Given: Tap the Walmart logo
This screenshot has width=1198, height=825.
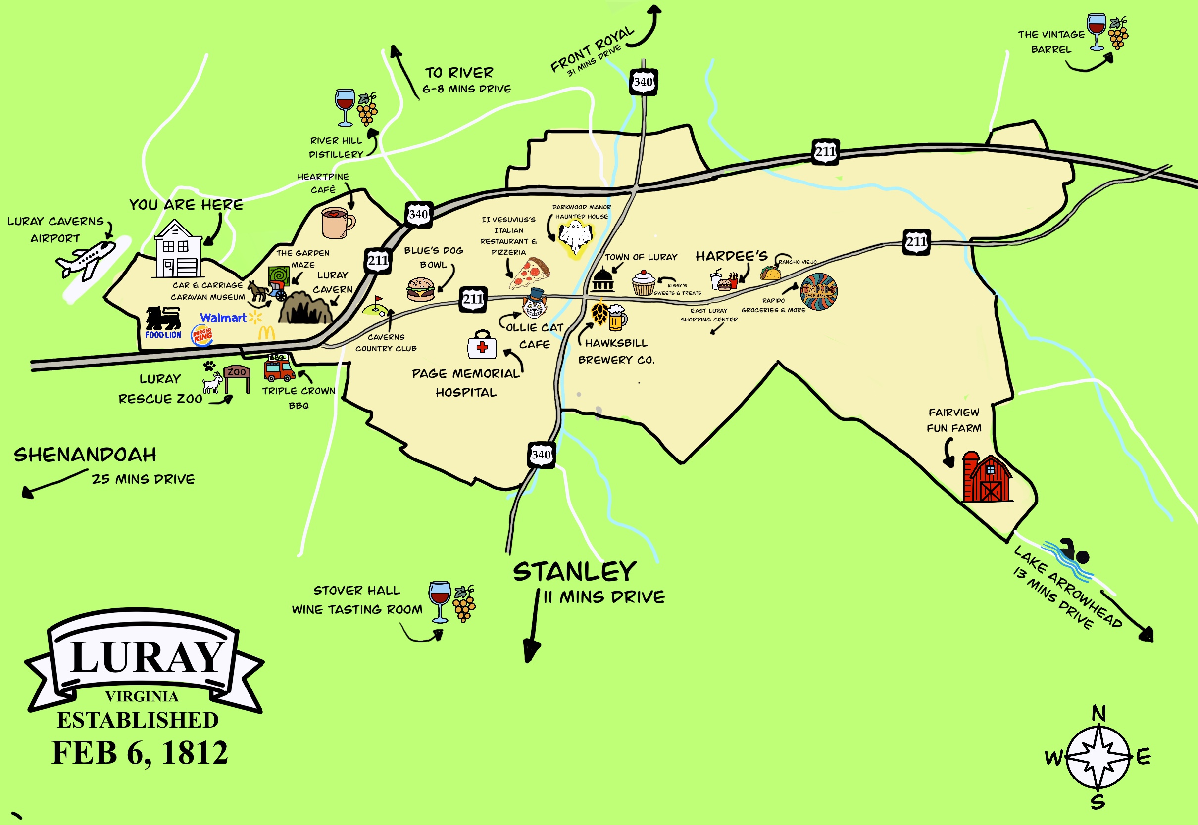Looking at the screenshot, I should [x=223, y=318].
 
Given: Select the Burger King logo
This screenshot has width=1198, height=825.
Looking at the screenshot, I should [x=202, y=335].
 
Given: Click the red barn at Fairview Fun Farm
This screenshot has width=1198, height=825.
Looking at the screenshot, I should [x=987, y=478].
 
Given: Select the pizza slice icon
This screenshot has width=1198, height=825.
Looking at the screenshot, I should [x=530, y=273].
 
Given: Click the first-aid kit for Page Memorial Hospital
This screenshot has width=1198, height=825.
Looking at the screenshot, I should [x=482, y=345].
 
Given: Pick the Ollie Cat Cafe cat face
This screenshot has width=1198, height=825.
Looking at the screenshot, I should [x=534, y=305].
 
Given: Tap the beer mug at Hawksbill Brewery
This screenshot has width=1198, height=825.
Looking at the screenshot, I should [x=617, y=318].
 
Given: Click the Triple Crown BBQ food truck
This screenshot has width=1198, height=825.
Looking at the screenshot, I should [x=279, y=367].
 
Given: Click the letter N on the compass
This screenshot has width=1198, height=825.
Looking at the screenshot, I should [x=1098, y=714].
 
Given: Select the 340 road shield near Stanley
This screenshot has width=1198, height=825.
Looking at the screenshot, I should [x=541, y=455].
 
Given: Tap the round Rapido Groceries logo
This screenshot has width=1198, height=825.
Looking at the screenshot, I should [x=818, y=291].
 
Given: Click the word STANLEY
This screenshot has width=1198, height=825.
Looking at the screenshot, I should [x=574, y=572].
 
